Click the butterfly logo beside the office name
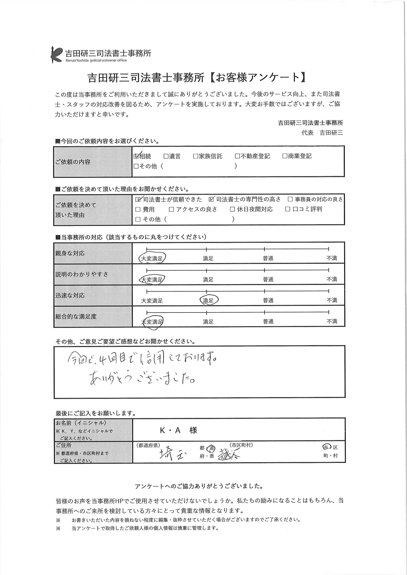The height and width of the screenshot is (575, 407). click(56, 55)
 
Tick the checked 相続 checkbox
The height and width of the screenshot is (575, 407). click(136, 156)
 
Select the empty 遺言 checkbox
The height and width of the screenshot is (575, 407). click(166, 156)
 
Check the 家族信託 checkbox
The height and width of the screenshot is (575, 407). click(196, 156)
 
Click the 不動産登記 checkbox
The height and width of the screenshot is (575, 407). click(237, 156)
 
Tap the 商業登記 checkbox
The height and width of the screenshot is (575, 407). click(285, 156)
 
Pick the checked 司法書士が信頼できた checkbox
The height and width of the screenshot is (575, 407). click(138, 199)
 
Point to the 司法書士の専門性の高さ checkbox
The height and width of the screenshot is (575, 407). click(211, 199)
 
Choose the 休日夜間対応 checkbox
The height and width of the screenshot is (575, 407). click(232, 209)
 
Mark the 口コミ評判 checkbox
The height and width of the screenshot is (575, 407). click(288, 209)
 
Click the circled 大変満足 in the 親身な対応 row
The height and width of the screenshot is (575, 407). click(152, 258)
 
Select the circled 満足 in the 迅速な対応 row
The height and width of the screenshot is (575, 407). click(208, 300)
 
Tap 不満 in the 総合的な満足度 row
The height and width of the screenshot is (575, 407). click(331, 321)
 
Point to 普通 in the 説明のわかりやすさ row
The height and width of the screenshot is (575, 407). click(268, 279)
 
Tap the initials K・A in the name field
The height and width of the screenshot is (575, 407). click(170, 430)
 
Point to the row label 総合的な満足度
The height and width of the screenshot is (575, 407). click(76, 316)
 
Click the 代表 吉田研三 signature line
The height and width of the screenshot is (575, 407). click(322, 133)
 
